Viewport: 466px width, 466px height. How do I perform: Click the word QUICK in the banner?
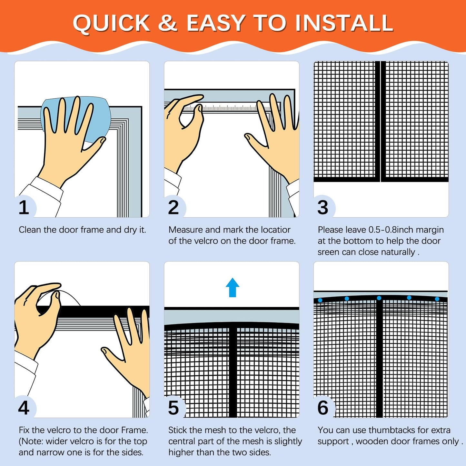click(x=111, y=24)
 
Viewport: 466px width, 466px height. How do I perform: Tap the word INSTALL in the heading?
click(x=344, y=24)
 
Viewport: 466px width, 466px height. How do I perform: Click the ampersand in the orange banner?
click(x=168, y=24)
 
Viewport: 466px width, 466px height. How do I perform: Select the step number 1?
click(x=24, y=207)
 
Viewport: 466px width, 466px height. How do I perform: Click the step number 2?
click(x=174, y=207)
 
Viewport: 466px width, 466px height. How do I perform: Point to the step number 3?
click(x=323, y=207)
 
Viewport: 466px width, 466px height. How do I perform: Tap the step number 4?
click(x=24, y=408)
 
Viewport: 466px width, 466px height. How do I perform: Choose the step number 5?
click(x=174, y=408)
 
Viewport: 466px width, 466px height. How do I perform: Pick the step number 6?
click(x=323, y=408)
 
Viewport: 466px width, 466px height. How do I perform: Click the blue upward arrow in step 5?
click(x=233, y=287)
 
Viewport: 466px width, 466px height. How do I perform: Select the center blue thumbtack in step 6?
click(x=379, y=298)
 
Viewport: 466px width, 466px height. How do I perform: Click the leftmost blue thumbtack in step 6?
click(x=320, y=300)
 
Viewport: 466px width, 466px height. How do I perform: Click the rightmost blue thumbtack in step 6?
click(x=437, y=299)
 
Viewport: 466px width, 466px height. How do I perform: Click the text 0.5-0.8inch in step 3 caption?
click(x=386, y=230)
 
